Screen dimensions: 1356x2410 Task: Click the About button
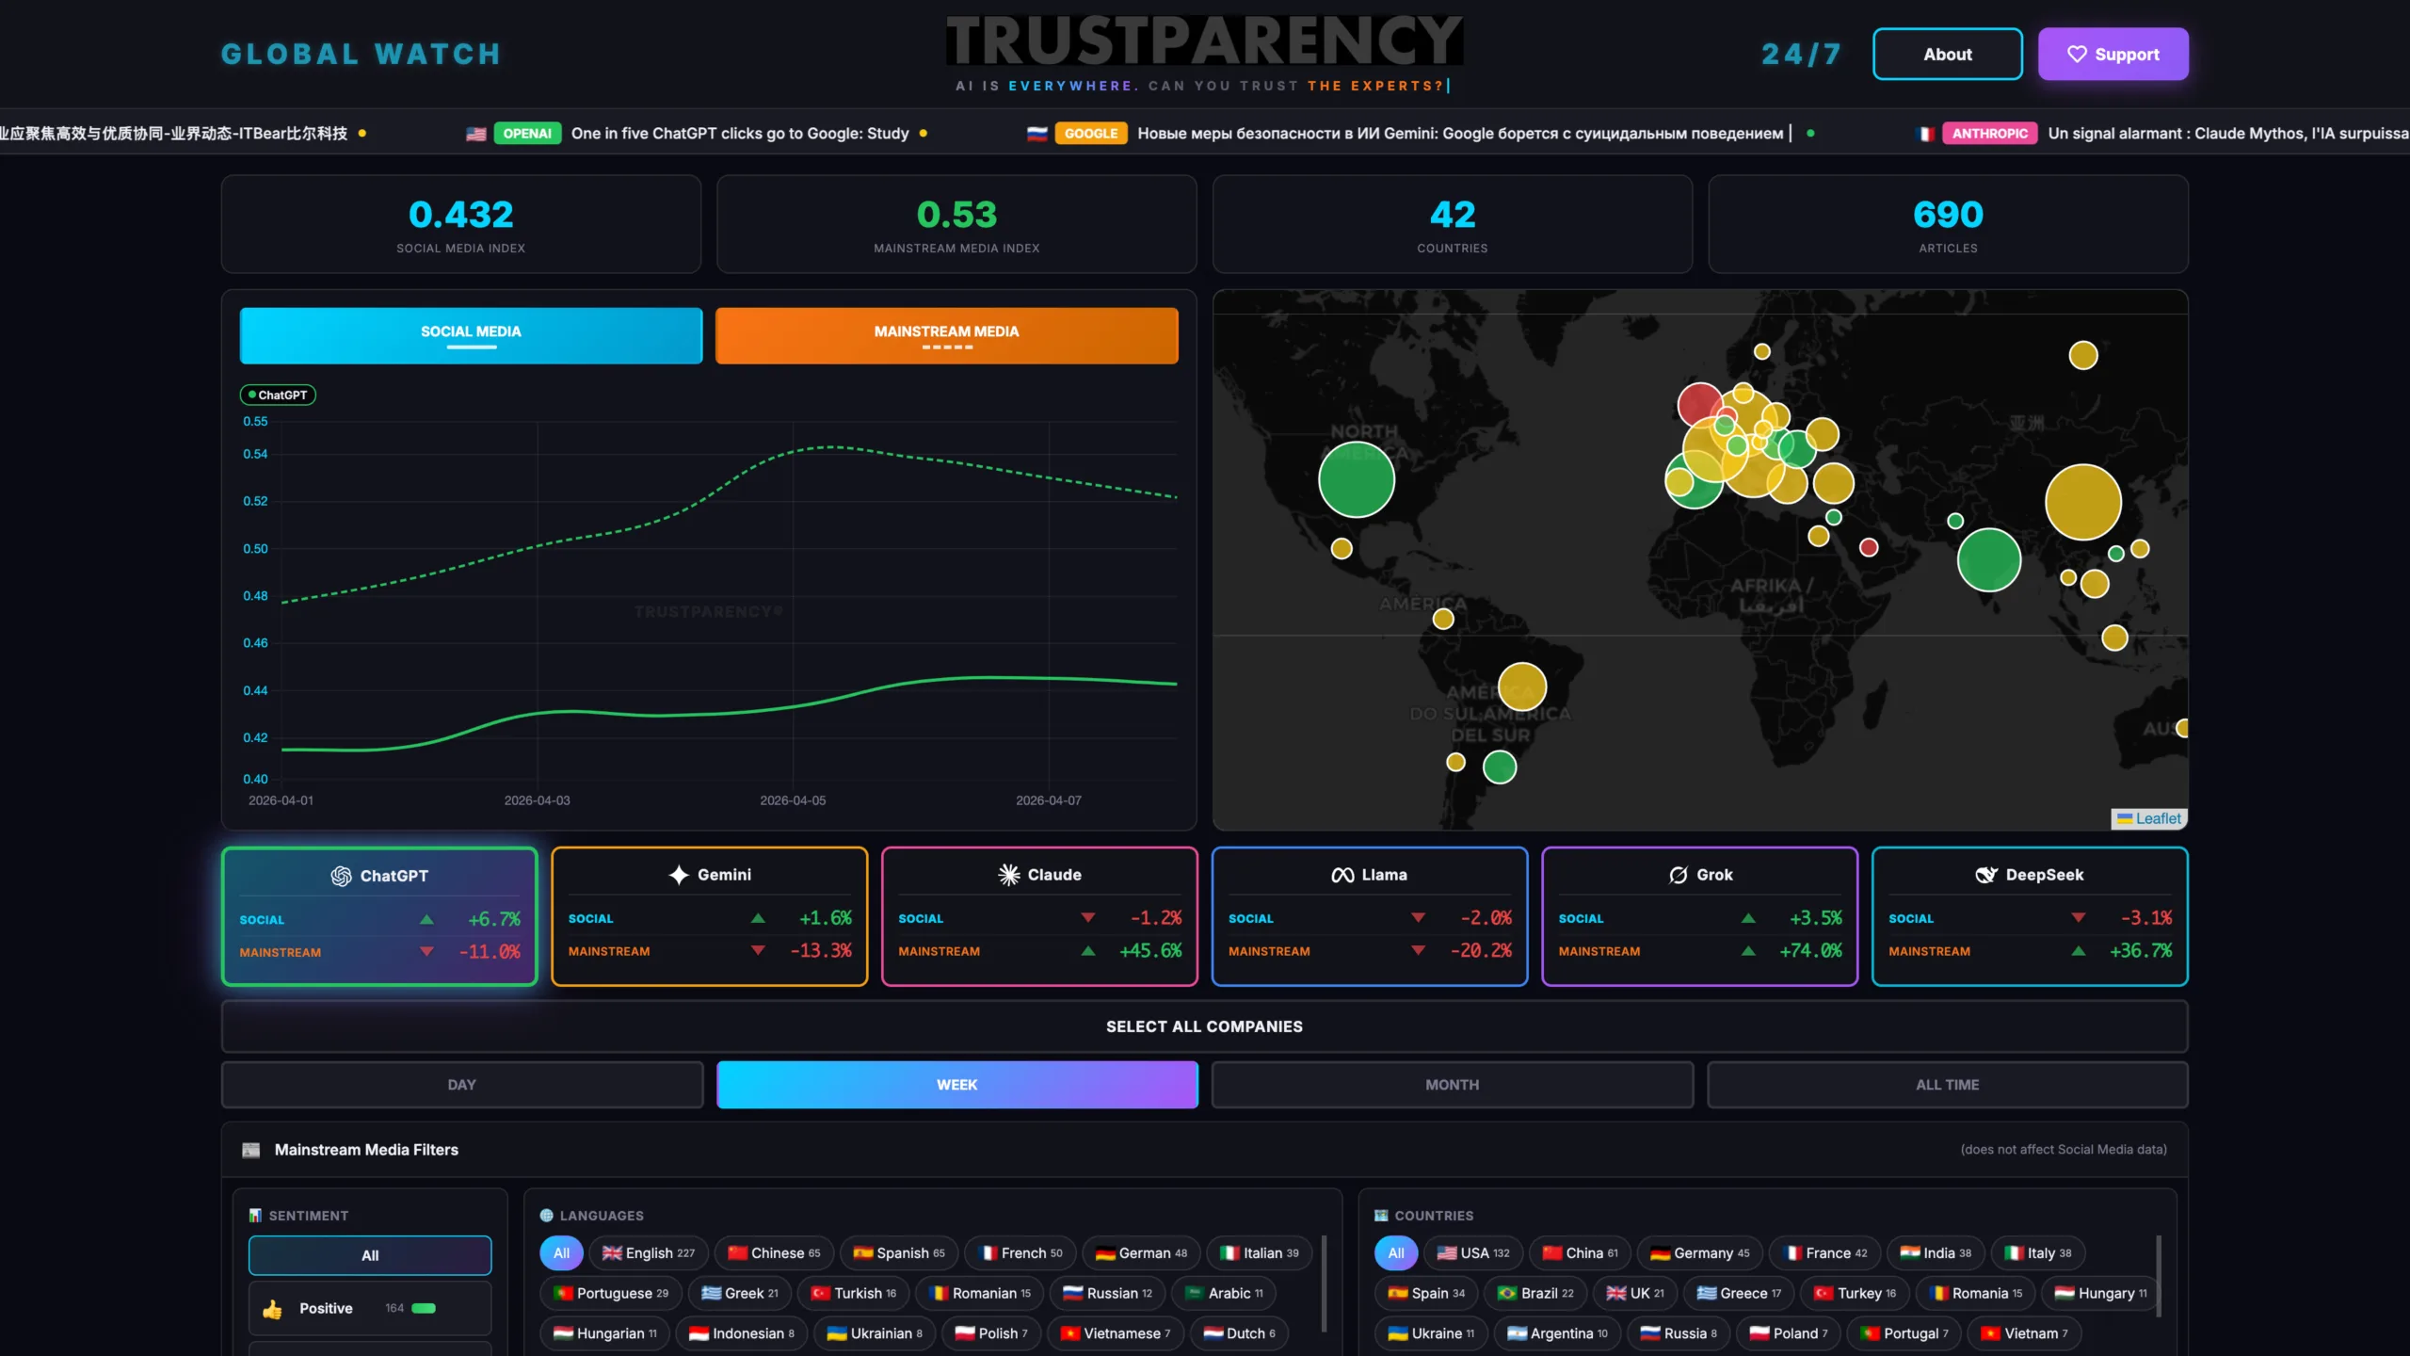pyautogui.click(x=1947, y=55)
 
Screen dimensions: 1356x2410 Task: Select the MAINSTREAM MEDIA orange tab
pyautogui.click(x=946, y=335)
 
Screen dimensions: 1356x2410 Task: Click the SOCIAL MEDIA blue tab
pyautogui.click(x=471, y=335)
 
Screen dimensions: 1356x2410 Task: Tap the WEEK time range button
pyautogui.click(x=956, y=1085)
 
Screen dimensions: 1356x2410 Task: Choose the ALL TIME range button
pyautogui.click(x=1947, y=1085)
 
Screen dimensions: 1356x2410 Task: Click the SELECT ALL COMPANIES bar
pyautogui.click(x=1204, y=1026)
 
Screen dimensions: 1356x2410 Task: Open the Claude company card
pyautogui.click(x=1039, y=915)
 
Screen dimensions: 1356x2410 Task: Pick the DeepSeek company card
pyautogui.click(x=2029, y=915)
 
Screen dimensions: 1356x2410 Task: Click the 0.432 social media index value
pyautogui.click(x=461, y=215)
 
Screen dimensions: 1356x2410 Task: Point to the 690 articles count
pyautogui.click(x=1948, y=215)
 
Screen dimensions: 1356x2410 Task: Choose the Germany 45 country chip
pyautogui.click(x=1699, y=1253)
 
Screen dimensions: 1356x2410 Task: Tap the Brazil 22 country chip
pyautogui.click(x=1535, y=1294)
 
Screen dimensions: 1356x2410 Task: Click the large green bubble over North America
pyautogui.click(x=1356, y=479)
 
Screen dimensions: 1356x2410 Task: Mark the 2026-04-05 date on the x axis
pyautogui.click(x=793, y=800)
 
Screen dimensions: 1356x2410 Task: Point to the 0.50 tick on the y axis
pyautogui.click(x=255, y=549)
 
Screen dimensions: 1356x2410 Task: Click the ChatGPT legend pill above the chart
pyautogui.click(x=278, y=395)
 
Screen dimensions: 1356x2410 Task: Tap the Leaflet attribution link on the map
pyautogui.click(x=2158, y=818)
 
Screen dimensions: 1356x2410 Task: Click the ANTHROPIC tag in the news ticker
pyautogui.click(x=1989, y=134)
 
